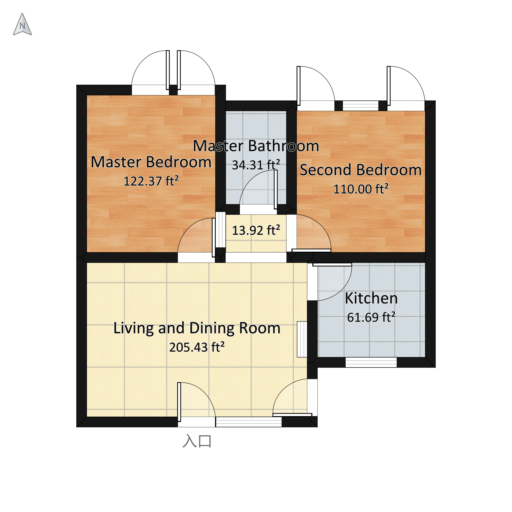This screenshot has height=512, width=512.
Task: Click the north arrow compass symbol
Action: [x=22, y=24]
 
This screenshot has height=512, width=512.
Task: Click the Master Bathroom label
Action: [x=256, y=146]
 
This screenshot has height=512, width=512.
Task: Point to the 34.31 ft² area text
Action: [x=256, y=165]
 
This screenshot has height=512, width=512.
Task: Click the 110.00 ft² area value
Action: [x=361, y=189]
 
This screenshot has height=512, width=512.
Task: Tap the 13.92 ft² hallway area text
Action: [x=256, y=230]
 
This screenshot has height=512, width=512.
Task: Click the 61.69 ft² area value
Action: [x=371, y=317]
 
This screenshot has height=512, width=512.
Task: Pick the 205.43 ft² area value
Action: [x=197, y=347]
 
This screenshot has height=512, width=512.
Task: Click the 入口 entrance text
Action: [x=197, y=441]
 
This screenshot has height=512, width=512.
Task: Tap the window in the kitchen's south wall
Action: [x=371, y=362]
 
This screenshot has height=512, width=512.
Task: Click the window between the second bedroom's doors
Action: [x=361, y=106]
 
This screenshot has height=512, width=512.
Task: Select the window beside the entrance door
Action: [x=249, y=422]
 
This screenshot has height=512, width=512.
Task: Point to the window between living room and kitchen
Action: [x=302, y=340]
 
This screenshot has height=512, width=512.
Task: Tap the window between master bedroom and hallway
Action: [x=220, y=230]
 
